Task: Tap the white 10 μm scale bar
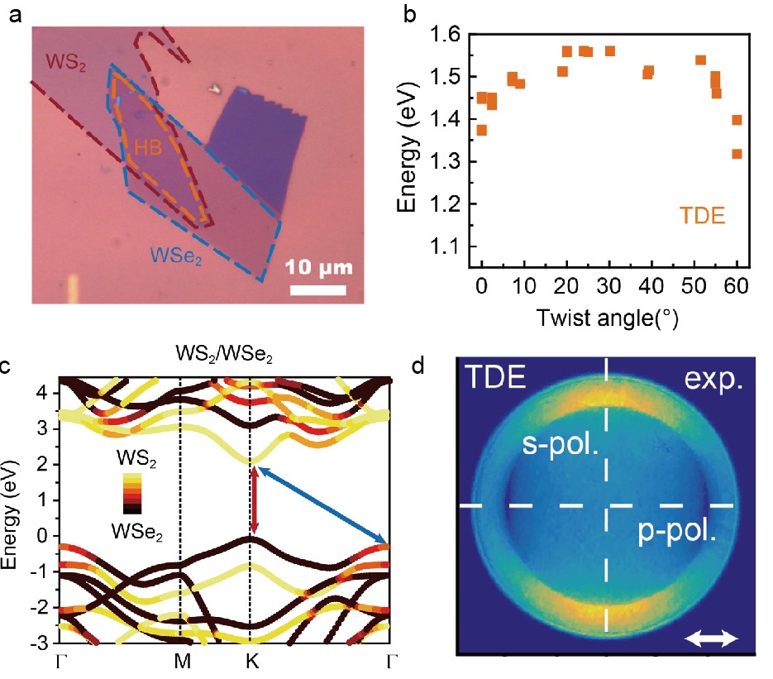point(317,290)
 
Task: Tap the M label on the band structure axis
point(180,662)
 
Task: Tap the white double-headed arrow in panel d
point(711,637)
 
